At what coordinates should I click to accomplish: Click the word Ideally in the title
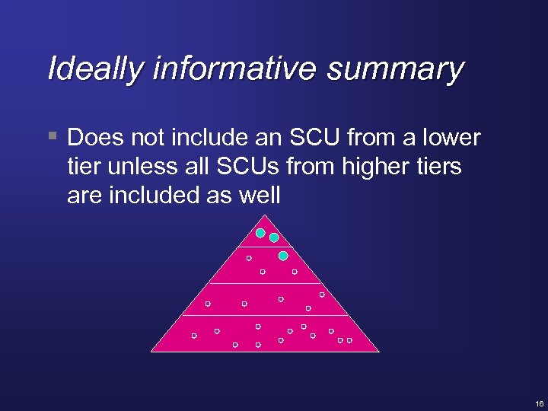click(x=95, y=68)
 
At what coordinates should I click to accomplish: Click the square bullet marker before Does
click(x=52, y=137)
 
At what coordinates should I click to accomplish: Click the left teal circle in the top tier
click(x=260, y=233)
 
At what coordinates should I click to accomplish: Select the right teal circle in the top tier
click(x=274, y=237)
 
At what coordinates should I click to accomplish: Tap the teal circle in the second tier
click(x=283, y=256)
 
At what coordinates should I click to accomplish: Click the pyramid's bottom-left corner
click(x=151, y=352)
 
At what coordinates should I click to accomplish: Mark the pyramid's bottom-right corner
click(x=379, y=352)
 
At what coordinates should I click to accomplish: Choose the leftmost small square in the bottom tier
click(x=194, y=335)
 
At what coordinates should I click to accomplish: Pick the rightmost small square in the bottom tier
click(x=349, y=340)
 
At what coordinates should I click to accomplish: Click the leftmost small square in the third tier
click(x=208, y=304)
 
